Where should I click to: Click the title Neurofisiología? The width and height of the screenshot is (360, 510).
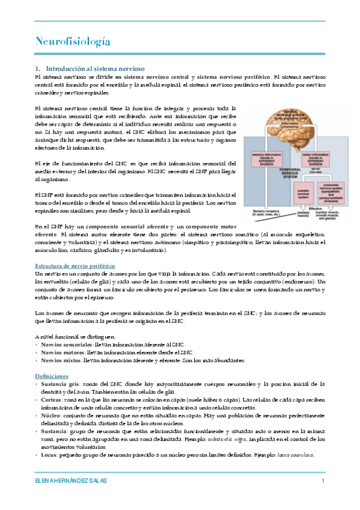click(72, 41)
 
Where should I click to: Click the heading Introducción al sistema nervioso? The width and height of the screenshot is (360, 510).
click(94, 69)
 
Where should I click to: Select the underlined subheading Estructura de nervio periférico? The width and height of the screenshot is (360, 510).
click(76, 265)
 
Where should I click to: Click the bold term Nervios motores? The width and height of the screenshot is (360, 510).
click(60, 352)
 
